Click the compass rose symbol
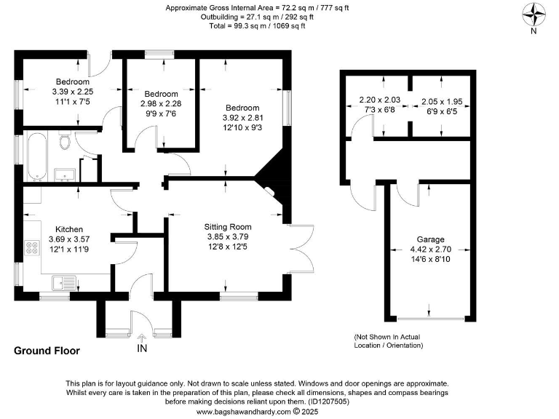pos(534,14)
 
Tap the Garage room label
pos(430,239)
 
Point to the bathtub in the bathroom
pos(36,155)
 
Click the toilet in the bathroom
pos(64,141)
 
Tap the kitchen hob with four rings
pos(33,249)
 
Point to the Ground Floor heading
pos(47,351)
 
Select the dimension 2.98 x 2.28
pos(161,104)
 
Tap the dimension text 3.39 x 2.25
pos(71,92)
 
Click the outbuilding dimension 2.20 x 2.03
pos(381,100)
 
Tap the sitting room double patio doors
pos(304,251)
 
